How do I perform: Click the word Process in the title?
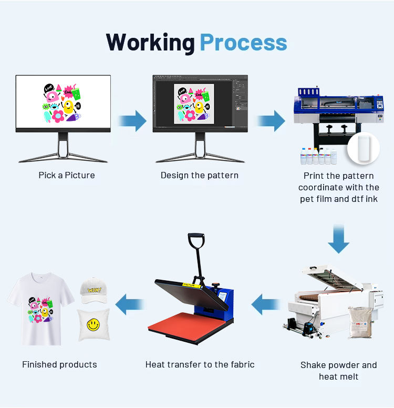click(243, 43)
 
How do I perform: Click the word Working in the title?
click(150, 43)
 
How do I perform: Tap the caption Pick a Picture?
click(67, 175)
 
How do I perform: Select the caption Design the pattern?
click(200, 175)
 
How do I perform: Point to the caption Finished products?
click(59, 364)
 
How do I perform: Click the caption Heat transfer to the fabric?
click(200, 364)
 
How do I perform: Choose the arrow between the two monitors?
click(132, 121)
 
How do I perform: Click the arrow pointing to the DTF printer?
click(271, 121)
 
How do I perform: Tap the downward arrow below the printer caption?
click(338, 239)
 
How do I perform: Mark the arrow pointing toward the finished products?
click(130, 304)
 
